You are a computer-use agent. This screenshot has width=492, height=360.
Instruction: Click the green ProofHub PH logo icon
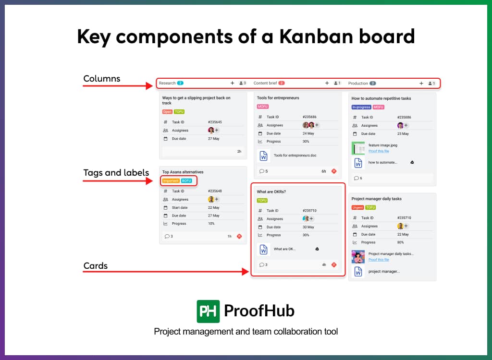click(x=208, y=311)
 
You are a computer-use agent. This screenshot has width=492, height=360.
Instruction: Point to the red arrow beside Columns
click(x=117, y=86)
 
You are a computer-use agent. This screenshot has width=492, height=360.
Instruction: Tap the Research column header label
click(x=167, y=83)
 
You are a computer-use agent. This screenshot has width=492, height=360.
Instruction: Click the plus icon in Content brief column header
click(x=327, y=83)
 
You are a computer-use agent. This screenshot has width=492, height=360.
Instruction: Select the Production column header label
click(x=358, y=84)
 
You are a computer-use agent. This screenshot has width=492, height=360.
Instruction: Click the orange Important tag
click(x=171, y=181)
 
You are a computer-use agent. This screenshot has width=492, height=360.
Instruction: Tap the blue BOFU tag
click(x=186, y=181)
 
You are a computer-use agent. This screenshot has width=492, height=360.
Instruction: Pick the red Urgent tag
click(x=357, y=207)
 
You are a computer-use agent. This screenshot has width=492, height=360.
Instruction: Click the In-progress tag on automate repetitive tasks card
click(x=361, y=107)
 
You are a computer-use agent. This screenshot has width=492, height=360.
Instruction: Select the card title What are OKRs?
click(x=271, y=192)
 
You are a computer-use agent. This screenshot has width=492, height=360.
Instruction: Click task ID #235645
click(x=215, y=122)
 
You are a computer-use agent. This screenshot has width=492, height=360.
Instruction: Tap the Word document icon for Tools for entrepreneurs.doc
click(x=263, y=156)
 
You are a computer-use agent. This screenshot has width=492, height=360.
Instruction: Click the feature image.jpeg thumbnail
click(x=358, y=148)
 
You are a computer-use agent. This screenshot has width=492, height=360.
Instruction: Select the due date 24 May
click(x=308, y=133)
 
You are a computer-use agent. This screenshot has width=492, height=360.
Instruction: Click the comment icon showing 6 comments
click(x=357, y=178)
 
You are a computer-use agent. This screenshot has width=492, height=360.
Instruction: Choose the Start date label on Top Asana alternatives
click(x=180, y=208)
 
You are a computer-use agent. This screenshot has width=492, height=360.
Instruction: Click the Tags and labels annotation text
click(x=116, y=173)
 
